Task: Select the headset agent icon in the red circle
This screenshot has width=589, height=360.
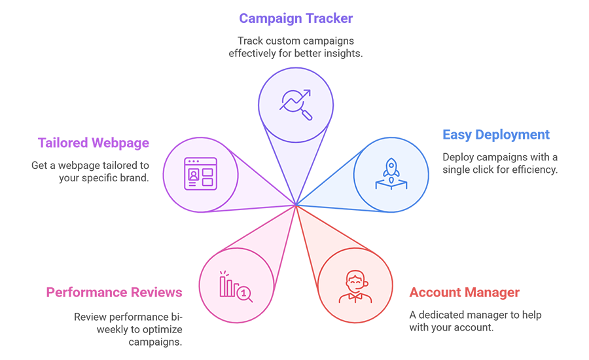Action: pos(355,287)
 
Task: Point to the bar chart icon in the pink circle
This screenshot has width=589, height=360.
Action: pos(234,289)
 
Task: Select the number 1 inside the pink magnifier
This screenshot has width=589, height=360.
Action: pos(245,293)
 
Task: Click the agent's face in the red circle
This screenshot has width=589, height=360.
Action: pos(355,283)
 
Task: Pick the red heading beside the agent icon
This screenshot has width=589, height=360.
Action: pos(462,293)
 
